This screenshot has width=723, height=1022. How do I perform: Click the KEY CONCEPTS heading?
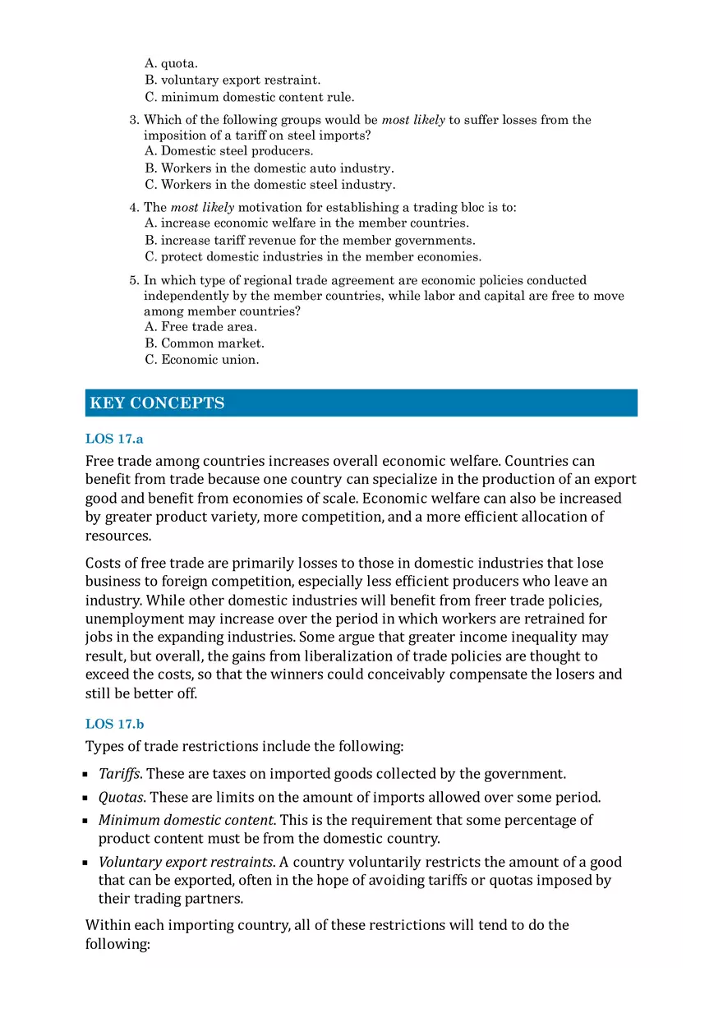[157, 403]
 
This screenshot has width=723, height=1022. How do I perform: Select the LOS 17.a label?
[114, 439]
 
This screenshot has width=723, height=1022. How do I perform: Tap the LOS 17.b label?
[114, 724]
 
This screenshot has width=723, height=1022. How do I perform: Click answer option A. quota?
[171, 63]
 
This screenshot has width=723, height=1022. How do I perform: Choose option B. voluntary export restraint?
[233, 80]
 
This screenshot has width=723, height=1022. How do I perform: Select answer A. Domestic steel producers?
[228, 151]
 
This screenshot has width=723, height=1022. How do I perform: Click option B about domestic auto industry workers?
[269, 168]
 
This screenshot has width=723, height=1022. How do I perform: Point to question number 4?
[134, 208]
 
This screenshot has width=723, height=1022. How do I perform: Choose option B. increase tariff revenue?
[310, 241]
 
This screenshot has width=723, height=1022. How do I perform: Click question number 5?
[134, 280]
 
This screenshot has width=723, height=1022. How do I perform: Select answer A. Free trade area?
[200, 327]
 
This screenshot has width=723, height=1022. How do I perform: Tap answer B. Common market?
[205, 343]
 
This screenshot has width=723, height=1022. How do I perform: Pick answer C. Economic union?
[201, 360]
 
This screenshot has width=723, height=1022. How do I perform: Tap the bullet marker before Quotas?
[87, 799]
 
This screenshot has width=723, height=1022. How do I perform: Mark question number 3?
[134, 120]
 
